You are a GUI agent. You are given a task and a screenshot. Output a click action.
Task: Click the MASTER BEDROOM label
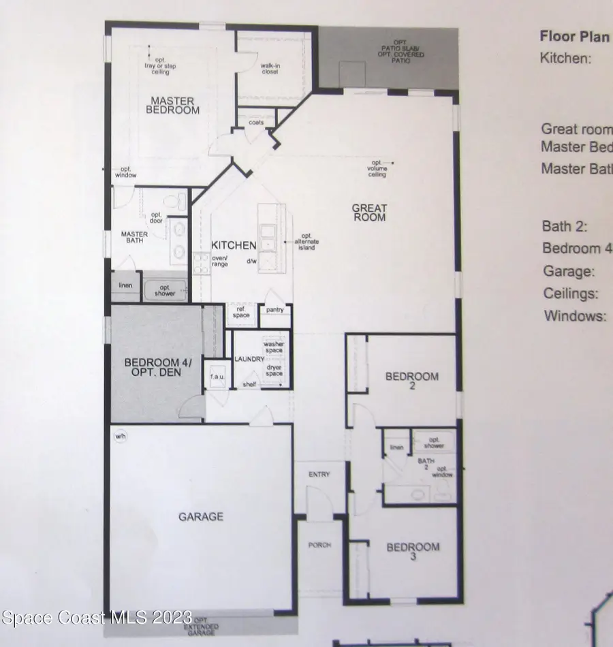[x=175, y=106]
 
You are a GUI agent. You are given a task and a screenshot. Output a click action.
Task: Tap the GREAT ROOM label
[x=369, y=212]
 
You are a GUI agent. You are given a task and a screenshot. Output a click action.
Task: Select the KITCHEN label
[x=233, y=245]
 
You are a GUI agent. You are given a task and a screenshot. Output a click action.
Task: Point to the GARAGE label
[x=201, y=517]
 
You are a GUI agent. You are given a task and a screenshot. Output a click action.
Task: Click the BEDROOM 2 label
[x=412, y=380]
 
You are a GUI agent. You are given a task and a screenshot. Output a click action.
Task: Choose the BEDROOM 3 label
[x=413, y=551]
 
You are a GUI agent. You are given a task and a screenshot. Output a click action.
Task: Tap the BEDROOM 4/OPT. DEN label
[x=159, y=367]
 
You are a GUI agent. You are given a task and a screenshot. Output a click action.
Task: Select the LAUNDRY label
[x=249, y=359]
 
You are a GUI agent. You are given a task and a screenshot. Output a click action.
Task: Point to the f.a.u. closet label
[x=218, y=377]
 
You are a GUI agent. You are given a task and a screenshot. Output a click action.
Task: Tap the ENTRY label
[x=319, y=474]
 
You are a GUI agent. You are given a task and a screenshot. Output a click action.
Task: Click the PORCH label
[x=319, y=545]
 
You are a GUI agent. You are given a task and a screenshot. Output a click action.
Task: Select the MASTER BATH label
[x=134, y=237]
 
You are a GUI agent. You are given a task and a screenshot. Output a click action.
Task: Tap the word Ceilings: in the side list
[x=571, y=294]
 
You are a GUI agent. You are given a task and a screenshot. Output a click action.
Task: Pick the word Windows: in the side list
[x=574, y=316]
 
